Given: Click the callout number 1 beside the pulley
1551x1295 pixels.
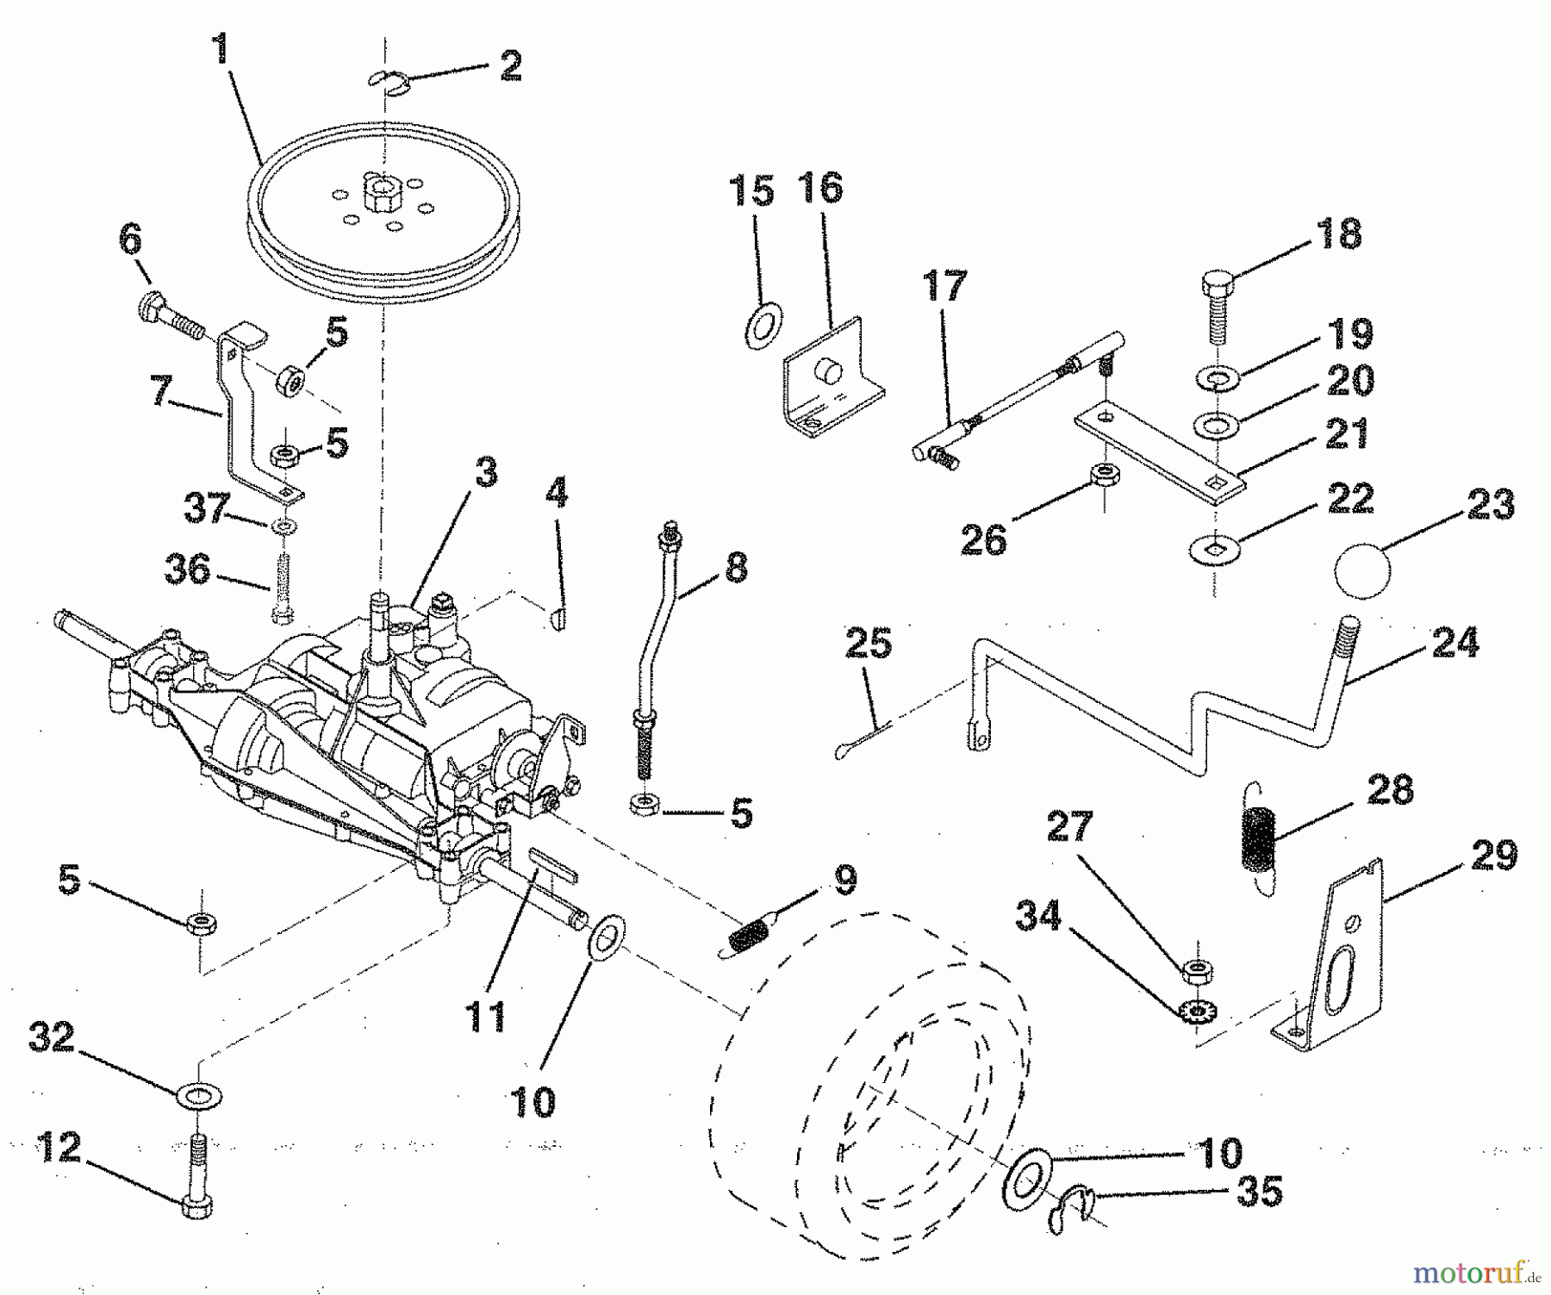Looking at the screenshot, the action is click(x=222, y=50).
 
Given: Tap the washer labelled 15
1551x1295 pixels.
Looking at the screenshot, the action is click(x=762, y=326).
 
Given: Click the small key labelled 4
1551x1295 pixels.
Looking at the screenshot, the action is click(x=557, y=619).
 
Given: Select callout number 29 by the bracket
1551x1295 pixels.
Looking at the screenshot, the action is click(x=1493, y=856).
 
